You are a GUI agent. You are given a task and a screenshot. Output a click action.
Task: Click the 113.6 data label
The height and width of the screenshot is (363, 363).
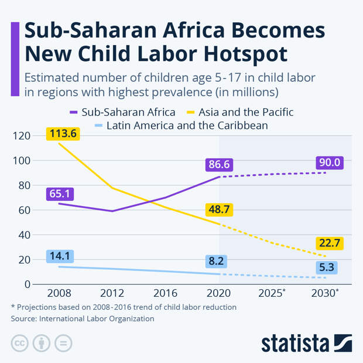click(63, 133)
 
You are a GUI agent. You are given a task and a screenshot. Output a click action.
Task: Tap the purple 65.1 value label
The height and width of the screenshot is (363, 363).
click(63, 194)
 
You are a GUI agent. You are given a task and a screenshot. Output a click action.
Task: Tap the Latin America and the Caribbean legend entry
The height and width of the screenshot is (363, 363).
click(181, 125)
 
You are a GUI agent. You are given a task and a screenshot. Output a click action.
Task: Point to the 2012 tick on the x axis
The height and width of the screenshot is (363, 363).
click(112, 293)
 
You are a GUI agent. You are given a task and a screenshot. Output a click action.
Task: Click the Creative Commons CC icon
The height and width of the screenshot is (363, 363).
click(20, 343)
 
